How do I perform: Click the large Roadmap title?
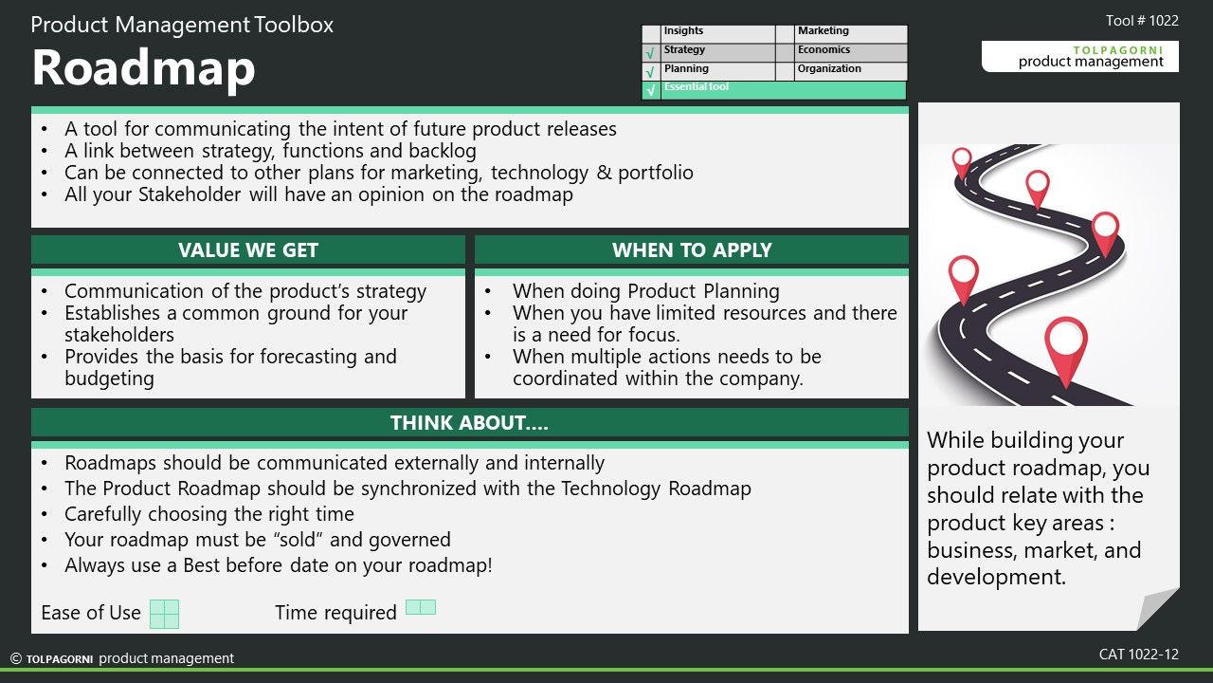(143, 68)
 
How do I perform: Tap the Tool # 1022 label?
(1142, 21)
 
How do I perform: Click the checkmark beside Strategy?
(651, 53)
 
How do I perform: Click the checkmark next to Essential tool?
(651, 90)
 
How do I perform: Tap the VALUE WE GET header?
(248, 249)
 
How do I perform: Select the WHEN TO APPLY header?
(692, 249)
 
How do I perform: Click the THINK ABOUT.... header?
(469, 423)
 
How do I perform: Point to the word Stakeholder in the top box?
(190, 194)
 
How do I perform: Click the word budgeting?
(109, 378)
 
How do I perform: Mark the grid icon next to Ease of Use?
(164, 614)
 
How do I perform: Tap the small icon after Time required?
(421, 607)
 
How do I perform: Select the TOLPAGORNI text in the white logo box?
(1118, 50)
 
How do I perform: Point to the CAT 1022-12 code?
(1139, 655)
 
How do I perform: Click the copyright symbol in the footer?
(16, 658)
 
